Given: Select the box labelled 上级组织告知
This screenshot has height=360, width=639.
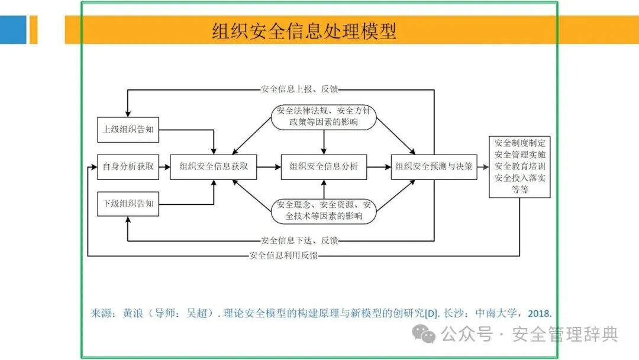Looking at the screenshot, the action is tap(128, 130).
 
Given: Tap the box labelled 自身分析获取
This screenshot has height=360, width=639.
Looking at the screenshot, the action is tap(128, 166).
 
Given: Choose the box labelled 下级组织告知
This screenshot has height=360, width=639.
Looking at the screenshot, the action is tap(128, 204).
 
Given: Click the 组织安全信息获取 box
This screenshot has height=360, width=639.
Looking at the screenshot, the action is tap(214, 166).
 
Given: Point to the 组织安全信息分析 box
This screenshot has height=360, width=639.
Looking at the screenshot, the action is tap(324, 166).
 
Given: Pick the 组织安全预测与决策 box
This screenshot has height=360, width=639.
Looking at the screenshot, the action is tap(434, 166).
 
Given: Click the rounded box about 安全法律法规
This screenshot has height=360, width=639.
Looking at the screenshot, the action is tap(324, 116).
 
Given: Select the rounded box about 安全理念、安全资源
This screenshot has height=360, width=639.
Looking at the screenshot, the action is tap(324, 211).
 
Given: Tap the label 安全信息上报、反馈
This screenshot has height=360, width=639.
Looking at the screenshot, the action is tap(299, 90).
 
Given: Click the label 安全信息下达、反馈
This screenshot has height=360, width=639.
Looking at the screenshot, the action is tap(299, 240).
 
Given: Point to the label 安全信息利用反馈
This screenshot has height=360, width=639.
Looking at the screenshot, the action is tap(283, 256).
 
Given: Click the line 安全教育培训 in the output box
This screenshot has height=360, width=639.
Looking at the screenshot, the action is tap(520, 166).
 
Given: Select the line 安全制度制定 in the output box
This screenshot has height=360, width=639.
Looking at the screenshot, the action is tap(520, 143).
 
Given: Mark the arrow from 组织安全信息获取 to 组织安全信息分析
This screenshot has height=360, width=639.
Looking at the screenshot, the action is tap(269, 167).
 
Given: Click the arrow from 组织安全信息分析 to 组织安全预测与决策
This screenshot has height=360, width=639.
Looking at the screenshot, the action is tap(379, 167).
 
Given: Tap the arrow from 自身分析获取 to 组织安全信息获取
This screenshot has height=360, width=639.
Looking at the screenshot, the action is tap(164, 167).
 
